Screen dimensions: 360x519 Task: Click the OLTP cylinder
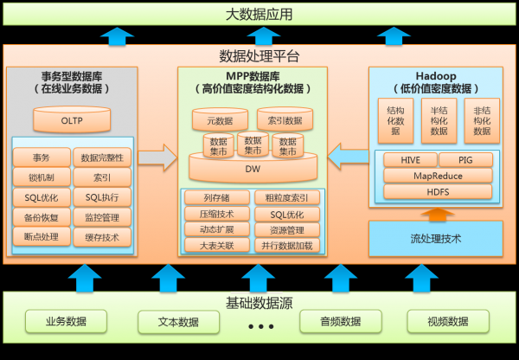pos(72,121)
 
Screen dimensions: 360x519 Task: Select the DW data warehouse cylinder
pos(252,167)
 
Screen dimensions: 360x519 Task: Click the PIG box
pos(477,160)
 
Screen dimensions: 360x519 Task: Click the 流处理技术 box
pos(435,237)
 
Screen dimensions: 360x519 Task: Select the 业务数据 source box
pos(67,322)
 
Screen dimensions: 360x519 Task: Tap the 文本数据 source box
pos(178,322)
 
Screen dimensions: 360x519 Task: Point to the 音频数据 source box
pos(340,322)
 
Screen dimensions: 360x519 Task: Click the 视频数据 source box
pos(447,322)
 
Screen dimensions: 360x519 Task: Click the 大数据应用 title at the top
pos(259,15)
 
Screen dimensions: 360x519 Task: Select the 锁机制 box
pos(42,177)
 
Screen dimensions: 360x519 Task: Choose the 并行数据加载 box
pos(287,245)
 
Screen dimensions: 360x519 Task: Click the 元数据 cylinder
pos(220,120)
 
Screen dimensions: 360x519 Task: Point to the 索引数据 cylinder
pos(285,120)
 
